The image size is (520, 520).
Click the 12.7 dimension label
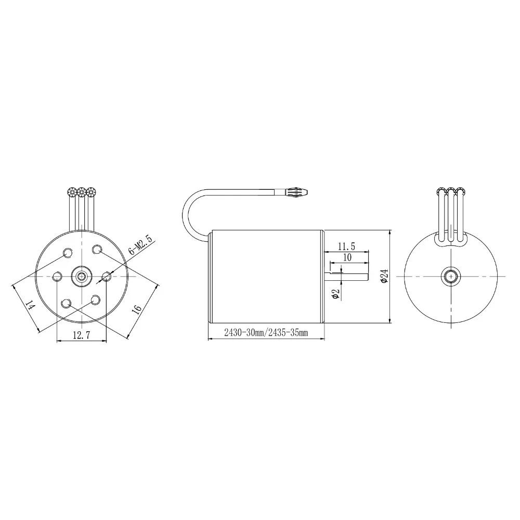point(81,335)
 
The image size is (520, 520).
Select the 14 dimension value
point(30,307)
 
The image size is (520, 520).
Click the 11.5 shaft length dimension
point(346,245)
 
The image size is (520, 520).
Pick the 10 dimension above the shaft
point(347,257)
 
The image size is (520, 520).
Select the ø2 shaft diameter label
point(335,294)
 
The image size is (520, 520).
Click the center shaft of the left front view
point(81,276)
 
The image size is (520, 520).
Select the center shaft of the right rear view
point(450,276)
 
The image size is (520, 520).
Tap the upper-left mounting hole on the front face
point(67,253)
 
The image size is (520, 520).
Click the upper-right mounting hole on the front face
point(97,250)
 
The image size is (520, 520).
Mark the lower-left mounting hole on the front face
point(66,303)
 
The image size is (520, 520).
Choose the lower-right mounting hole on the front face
point(96,300)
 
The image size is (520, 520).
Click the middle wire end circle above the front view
point(81,192)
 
